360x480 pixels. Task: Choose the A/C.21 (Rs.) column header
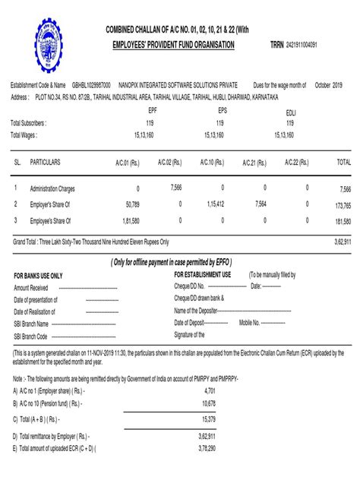(x=254, y=163)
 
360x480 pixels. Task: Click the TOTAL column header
(x=343, y=163)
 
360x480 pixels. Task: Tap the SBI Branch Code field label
(x=31, y=336)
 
